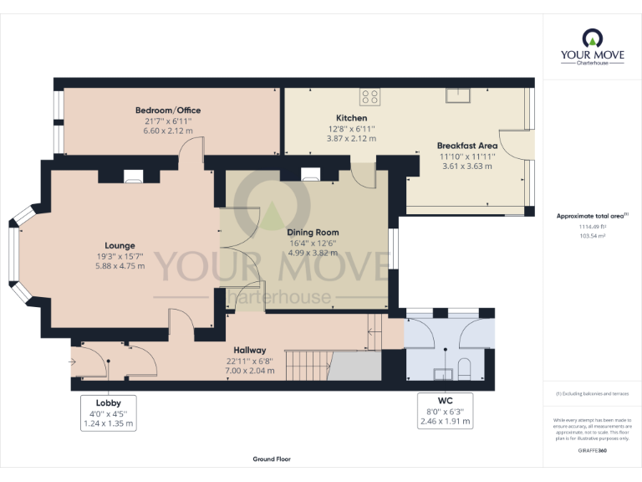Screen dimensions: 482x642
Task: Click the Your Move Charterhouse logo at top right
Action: [x=592, y=48]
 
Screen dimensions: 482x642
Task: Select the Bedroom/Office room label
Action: [x=168, y=110]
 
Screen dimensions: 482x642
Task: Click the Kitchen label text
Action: [x=351, y=118]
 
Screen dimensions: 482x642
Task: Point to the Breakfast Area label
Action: [x=468, y=146]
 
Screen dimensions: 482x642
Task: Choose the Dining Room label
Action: [x=313, y=232]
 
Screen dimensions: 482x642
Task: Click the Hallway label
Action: [x=250, y=350]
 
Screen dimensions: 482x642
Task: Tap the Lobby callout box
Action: [x=109, y=413]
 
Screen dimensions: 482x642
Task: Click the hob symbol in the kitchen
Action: [x=369, y=95]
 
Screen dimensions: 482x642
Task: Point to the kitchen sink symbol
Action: [x=458, y=93]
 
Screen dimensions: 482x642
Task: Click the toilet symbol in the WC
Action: [x=465, y=368]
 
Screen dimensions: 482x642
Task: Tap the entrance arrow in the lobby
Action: [x=74, y=361]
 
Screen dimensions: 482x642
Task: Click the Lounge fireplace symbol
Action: [x=134, y=176]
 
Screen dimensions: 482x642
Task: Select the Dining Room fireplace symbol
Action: [x=310, y=176]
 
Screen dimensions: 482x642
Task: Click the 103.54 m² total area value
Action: [x=592, y=237]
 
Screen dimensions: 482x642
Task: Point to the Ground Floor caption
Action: [x=272, y=459]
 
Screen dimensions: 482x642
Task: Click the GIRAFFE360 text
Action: [x=592, y=451]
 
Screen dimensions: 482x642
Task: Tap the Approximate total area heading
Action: [x=592, y=216]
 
